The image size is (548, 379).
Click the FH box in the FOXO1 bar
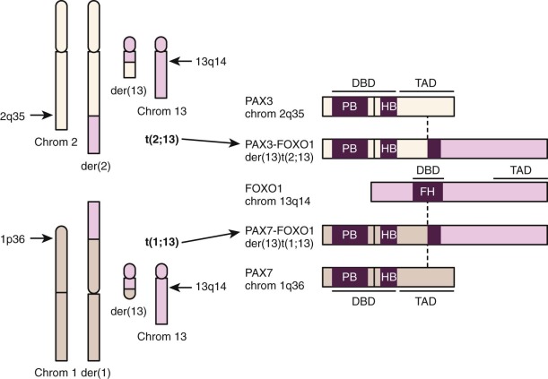(x=426, y=192)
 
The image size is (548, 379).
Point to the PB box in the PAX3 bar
(x=349, y=107)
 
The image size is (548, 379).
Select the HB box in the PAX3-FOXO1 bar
(x=388, y=149)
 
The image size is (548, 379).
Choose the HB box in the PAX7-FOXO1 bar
(x=388, y=236)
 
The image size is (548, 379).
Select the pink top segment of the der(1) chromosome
(x=94, y=220)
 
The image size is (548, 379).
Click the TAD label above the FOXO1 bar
(x=518, y=169)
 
